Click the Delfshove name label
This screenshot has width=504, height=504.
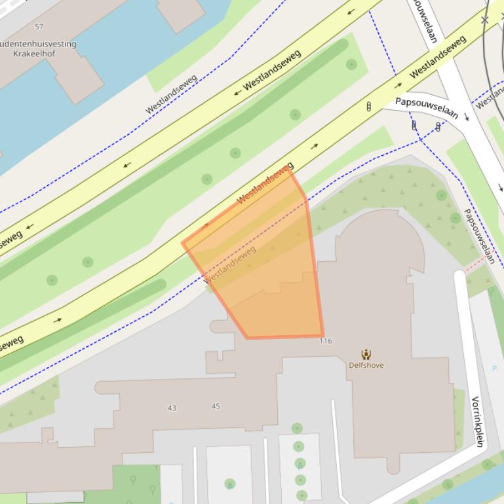tap(366, 365)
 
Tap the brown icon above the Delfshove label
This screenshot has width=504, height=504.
tap(366, 355)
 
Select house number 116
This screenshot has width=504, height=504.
tap(326, 341)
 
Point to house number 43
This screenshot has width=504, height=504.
tap(172, 408)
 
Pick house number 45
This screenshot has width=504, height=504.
tap(216, 406)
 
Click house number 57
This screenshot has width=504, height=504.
tap(39, 27)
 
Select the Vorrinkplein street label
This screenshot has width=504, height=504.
tap(477, 422)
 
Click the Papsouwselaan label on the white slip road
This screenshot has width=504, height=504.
tap(426, 107)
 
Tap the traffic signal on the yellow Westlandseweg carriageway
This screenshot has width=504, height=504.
tap(368, 106)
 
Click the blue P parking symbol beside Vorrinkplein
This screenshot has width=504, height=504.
tap(495, 369)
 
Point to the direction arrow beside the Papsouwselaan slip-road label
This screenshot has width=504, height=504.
tap(467, 117)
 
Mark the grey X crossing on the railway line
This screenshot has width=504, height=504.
tap(484, 20)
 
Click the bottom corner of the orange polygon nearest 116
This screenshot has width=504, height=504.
tap(322, 336)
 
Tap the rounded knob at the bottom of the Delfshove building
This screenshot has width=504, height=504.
tap(393, 465)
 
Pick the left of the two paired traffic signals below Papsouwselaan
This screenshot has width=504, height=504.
tap(414, 124)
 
